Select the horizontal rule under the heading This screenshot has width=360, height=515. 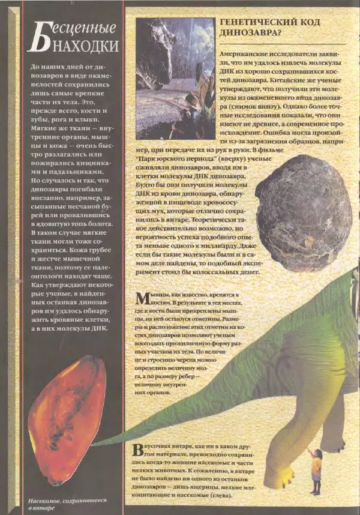[283, 43]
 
